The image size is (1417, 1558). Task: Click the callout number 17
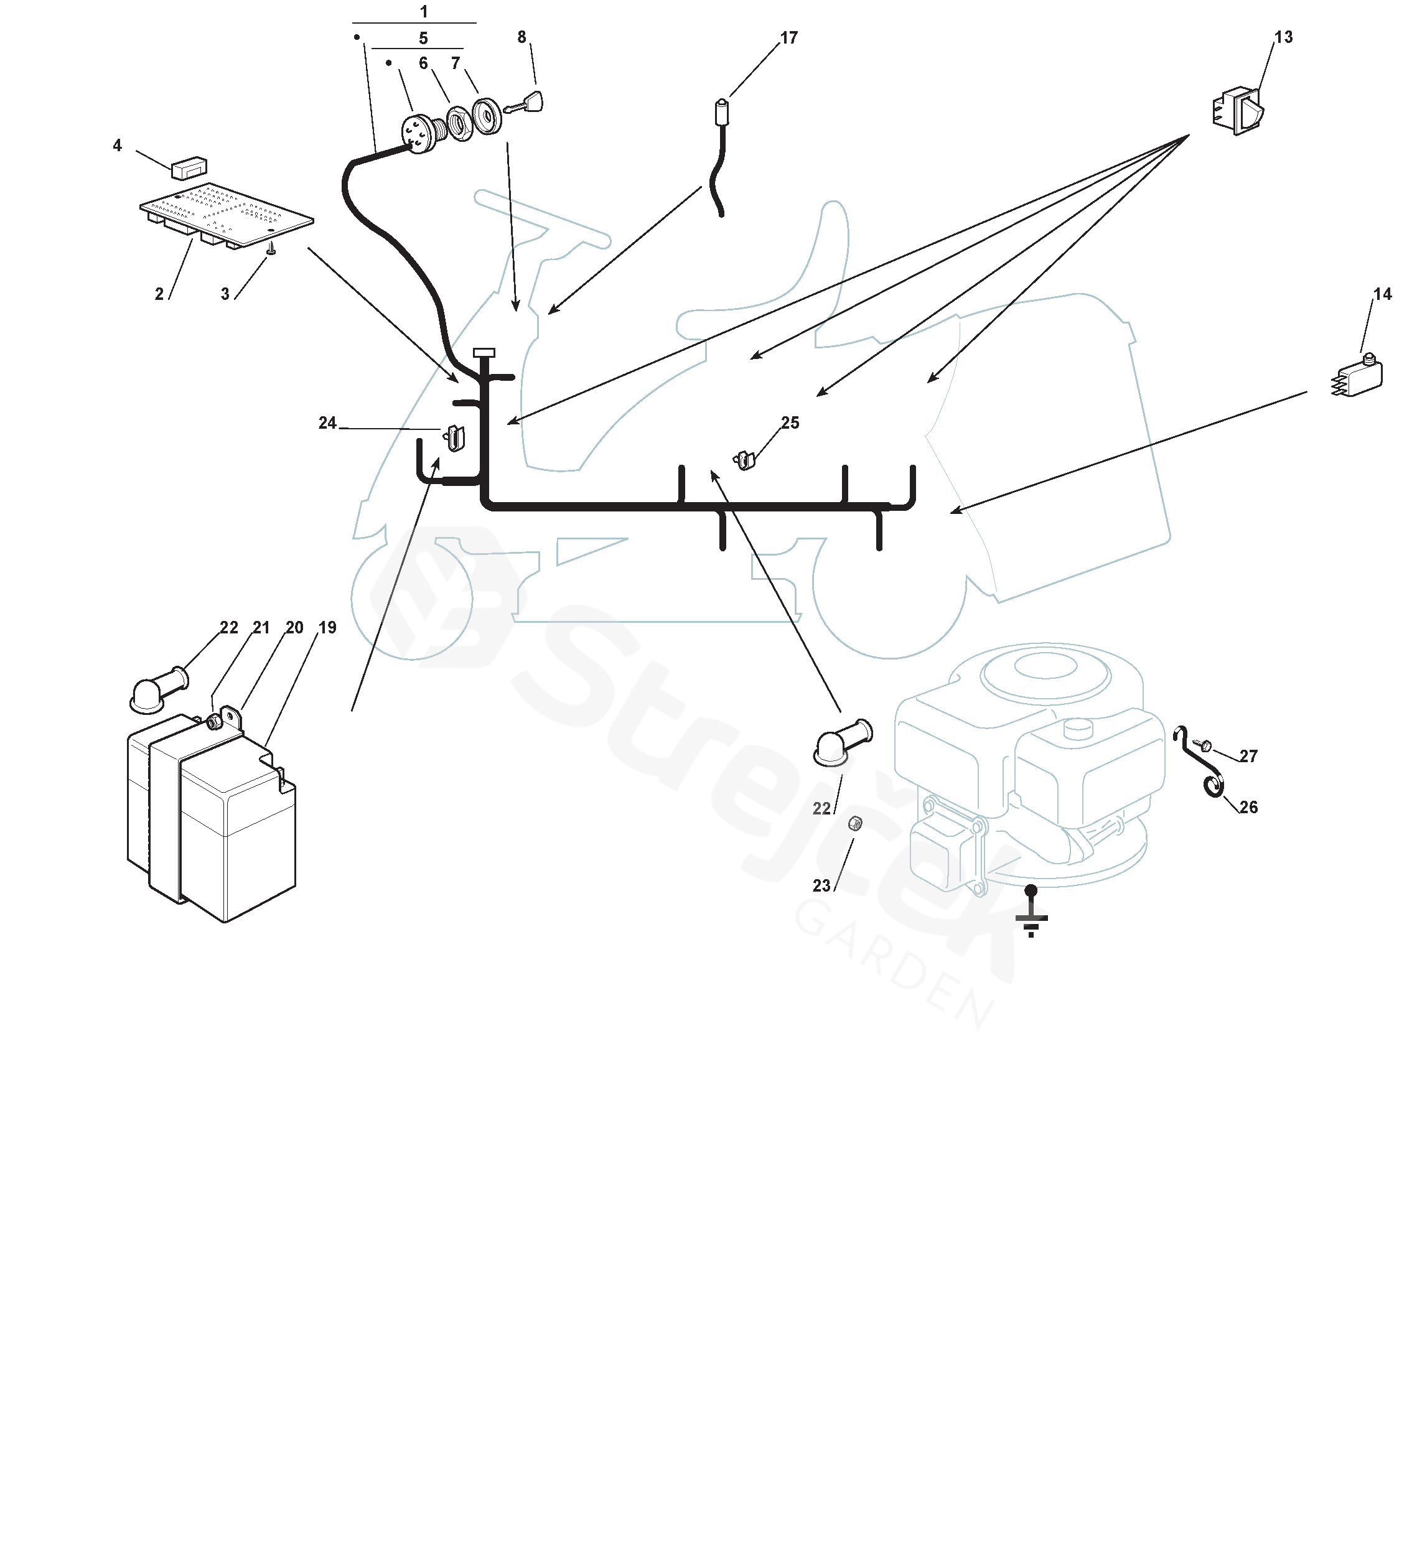tap(788, 38)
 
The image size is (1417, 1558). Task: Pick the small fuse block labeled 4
tap(189, 166)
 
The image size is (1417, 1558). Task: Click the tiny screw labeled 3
tap(271, 250)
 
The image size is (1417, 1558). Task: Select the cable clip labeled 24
tap(454, 438)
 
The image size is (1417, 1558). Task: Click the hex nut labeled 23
tap(855, 824)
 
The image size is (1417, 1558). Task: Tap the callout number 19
tap(328, 628)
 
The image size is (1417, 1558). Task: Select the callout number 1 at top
tap(424, 12)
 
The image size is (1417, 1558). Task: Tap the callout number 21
tap(261, 628)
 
